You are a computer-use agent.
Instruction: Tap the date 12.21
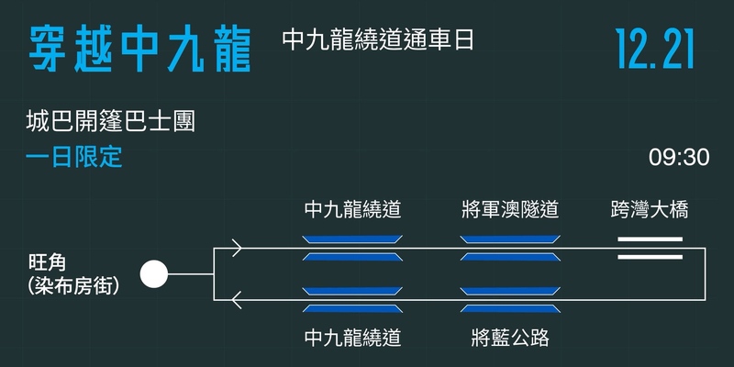click(655, 48)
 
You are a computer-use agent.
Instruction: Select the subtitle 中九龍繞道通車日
click(378, 41)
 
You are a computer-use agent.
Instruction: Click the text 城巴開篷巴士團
click(112, 122)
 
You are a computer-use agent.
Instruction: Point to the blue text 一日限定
click(74, 157)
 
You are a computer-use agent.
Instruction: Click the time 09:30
click(679, 157)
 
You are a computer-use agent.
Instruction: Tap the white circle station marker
click(153, 273)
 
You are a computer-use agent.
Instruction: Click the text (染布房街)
click(74, 285)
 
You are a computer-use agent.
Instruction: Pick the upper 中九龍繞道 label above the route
click(352, 210)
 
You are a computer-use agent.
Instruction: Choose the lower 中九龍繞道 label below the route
click(352, 338)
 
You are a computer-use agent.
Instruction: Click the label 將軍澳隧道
click(510, 210)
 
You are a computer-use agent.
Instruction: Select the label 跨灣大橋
click(650, 210)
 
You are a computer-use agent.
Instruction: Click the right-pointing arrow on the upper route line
click(237, 248)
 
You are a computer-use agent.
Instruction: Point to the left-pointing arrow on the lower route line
click(237, 299)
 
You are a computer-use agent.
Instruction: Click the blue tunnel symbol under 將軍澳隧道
click(510, 248)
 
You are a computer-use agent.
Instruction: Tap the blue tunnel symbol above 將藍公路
click(510, 299)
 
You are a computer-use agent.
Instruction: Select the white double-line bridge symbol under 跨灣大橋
click(650, 248)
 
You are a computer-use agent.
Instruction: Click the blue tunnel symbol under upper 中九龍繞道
click(352, 248)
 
